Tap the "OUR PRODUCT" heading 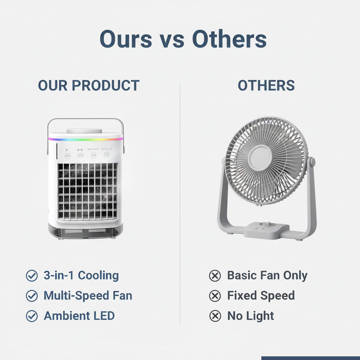click(x=88, y=86)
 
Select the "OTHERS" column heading click(x=266, y=86)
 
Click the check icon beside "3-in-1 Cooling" click(x=32, y=276)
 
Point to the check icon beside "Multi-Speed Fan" click(x=32, y=296)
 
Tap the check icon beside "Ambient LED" click(x=32, y=316)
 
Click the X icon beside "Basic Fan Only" click(x=215, y=276)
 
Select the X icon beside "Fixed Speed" click(x=215, y=296)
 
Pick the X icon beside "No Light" click(x=215, y=316)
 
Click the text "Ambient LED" click(x=79, y=316)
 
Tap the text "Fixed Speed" click(x=261, y=296)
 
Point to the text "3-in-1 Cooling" click(x=81, y=276)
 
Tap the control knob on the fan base click(x=265, y=225)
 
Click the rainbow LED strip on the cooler click(x=85, y=139)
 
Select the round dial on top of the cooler click(x=84, y=131)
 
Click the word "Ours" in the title click(x=126, y=39)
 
